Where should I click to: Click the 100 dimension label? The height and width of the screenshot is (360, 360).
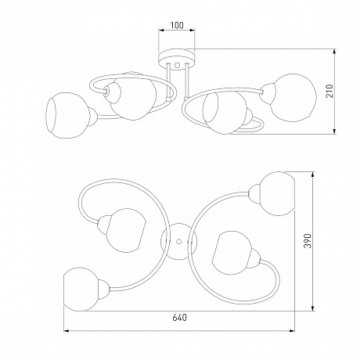(x=177, y=25)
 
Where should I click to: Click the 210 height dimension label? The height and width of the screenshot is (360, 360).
(x=330, y=91)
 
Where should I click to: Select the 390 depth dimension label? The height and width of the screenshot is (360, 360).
(x=308, y=240)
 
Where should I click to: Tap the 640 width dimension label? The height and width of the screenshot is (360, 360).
(x=180, y=318)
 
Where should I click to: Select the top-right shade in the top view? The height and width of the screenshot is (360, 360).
(x=277, y=193)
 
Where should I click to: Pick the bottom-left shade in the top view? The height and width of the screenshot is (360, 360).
(x=81, y=290)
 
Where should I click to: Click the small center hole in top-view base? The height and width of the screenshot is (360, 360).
(x=178, y=242)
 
